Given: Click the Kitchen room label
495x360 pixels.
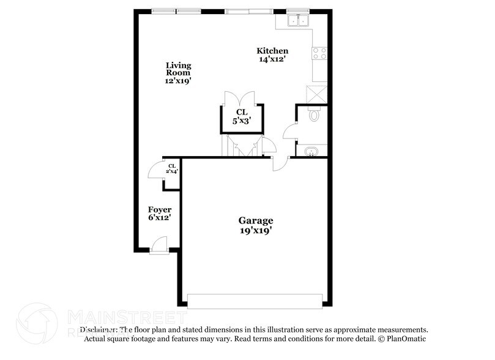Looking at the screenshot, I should click(272, 51).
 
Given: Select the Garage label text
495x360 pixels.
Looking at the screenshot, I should click(256, 220).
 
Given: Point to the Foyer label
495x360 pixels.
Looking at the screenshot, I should click(159, 209).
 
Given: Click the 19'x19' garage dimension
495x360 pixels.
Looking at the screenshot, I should click(256, 231).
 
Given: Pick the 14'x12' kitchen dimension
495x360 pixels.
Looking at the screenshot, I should click(272, 59).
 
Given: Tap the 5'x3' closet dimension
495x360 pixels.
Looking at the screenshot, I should click(241, 121).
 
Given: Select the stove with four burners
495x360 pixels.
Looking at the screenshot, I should click(319, 54).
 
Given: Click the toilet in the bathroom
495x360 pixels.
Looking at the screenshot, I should click(314, 114).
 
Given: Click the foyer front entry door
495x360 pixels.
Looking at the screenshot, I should click(159, 246).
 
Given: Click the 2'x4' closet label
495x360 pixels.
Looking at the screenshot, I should click(172, 168).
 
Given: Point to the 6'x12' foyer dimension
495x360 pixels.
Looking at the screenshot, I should click(159, 217).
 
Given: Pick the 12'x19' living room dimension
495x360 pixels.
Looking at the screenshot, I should click(179, 81).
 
